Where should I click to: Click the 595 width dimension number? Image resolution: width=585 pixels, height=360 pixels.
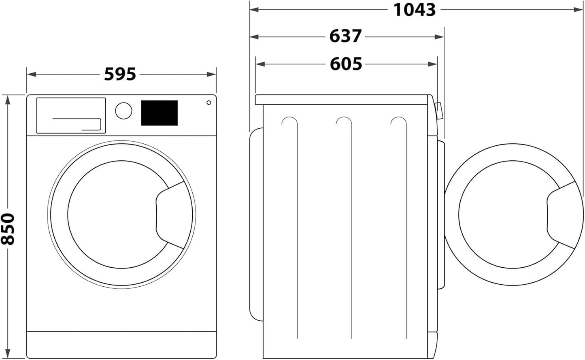coord(120,75)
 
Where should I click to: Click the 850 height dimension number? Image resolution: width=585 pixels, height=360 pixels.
coord(8,229)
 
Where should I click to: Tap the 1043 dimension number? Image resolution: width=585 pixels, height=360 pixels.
coord(415,10)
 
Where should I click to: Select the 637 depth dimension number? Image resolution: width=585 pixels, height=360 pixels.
coord(345,36)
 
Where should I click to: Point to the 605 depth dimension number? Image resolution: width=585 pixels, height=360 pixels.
coord(346,64)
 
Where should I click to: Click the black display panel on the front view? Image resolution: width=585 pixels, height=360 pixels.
coord(159,113)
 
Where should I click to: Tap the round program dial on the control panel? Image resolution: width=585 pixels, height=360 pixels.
coord(123,111)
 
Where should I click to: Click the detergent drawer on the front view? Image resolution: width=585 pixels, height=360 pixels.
coord(71,115)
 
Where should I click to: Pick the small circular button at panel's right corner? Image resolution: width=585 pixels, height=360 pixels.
coord(208,102)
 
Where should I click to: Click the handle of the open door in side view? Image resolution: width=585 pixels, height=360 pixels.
coord(561,215)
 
